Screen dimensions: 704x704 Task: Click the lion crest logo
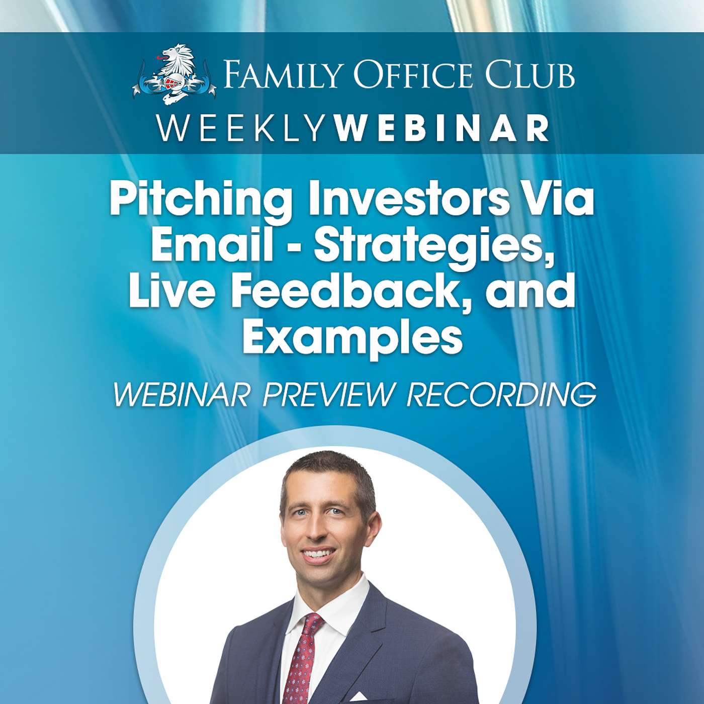click(173, 74)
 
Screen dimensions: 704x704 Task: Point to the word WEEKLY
click(240, 128)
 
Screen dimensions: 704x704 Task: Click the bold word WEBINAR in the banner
click(442, 128)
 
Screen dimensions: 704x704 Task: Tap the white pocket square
click(358, 697)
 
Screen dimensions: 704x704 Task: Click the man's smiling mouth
click(318, 554)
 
